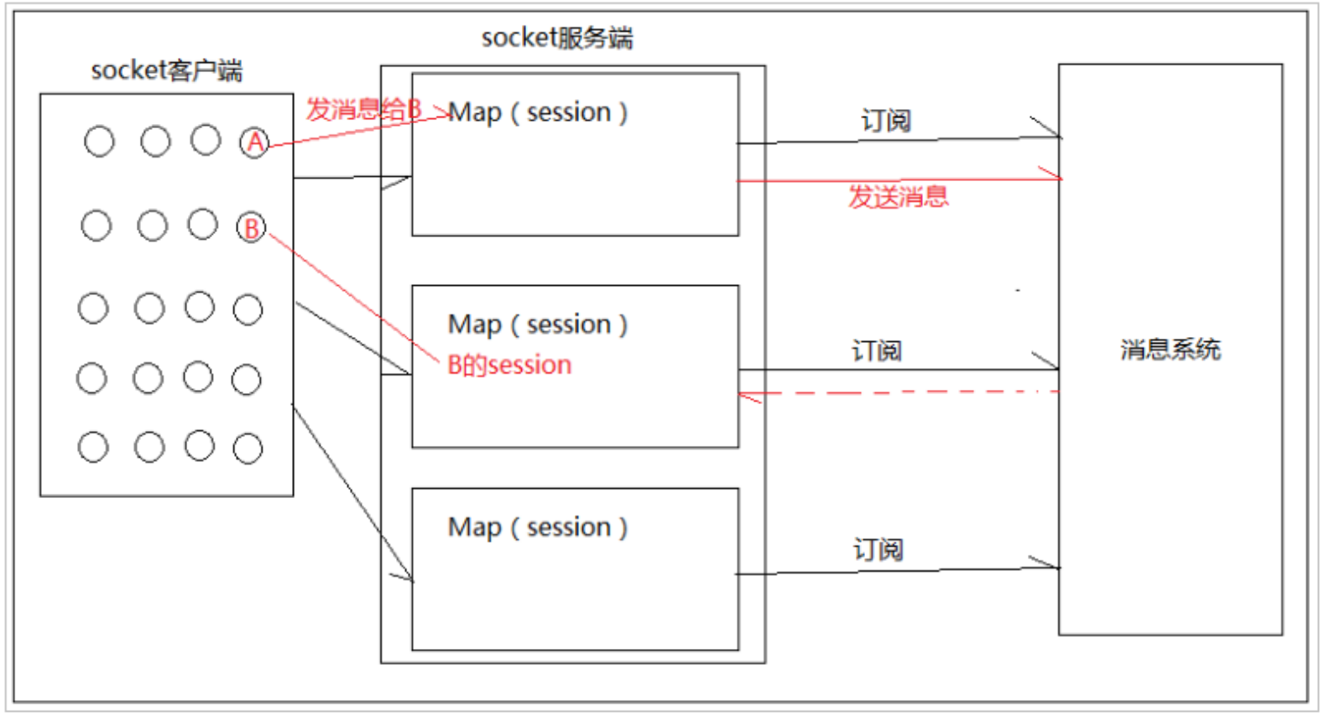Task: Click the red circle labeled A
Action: (x=254, y=143)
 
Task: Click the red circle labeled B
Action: (x=251, y=227)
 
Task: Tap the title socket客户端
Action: (x=166, y=70)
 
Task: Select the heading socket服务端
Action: (x=557, y=38)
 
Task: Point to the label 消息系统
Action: (x=1170, y=349)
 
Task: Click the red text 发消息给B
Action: (x=362, y=109)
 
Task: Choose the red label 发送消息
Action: (x=898, y=197)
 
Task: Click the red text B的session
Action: (x=509, y=365)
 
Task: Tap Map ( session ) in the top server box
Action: (x=538, y=112)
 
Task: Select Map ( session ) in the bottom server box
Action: (x=538, y=527)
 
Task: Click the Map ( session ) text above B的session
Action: (x=538, y=324)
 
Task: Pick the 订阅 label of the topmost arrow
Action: (x=886, y=121)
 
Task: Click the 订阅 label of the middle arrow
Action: (x=877, y=350)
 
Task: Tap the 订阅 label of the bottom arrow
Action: (x=878, y=549)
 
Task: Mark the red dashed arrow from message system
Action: (x=898, y=392)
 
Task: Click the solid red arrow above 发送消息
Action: (x=898, y=179)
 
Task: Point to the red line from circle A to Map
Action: (x=352, y=131)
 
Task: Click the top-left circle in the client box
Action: (x=99, y=141)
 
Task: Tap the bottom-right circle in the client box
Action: (x=248, y=449)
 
